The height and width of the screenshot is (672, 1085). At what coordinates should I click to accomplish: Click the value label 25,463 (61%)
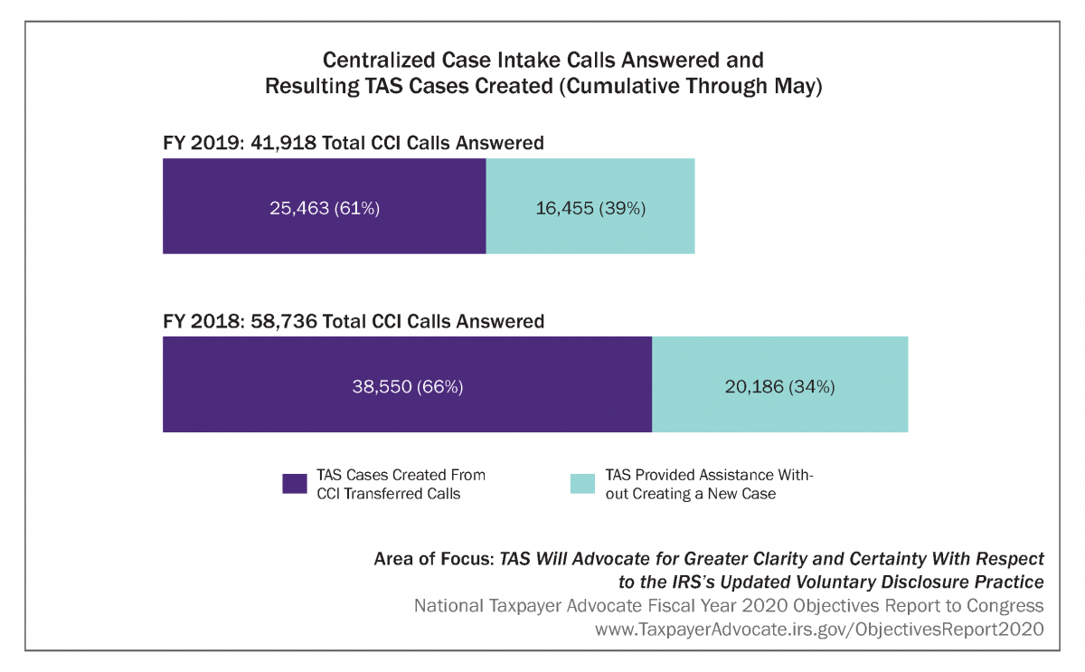[325, 208]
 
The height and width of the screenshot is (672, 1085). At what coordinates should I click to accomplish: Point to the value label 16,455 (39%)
[590, 208]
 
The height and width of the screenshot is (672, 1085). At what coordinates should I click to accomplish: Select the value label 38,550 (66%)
[407, 386]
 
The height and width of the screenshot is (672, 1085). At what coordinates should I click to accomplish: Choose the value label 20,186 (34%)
[779, 386]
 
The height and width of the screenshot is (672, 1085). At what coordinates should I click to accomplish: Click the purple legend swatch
[296, 484]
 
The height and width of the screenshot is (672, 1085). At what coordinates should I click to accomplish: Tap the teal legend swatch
[583, 484]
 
